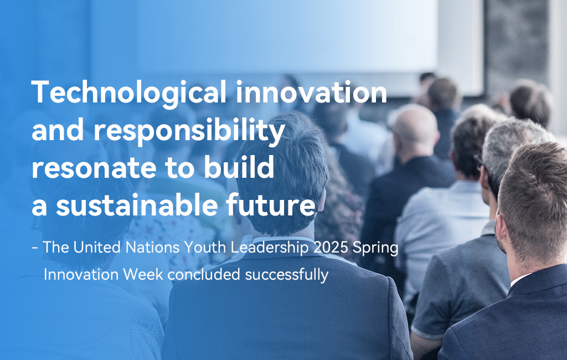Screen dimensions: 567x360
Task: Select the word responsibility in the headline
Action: point(189,131)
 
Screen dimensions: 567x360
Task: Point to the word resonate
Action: point(94,168)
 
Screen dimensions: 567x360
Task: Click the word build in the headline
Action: point(239,167)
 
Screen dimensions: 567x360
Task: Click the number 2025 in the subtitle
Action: point(331,248)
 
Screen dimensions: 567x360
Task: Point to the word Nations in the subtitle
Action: point(152,248)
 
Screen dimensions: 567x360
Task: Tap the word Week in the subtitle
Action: point(143,274)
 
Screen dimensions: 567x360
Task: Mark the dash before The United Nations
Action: point(35,248)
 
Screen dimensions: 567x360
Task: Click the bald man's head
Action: point(415,125)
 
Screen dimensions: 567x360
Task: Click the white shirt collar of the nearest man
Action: point(519,279)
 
